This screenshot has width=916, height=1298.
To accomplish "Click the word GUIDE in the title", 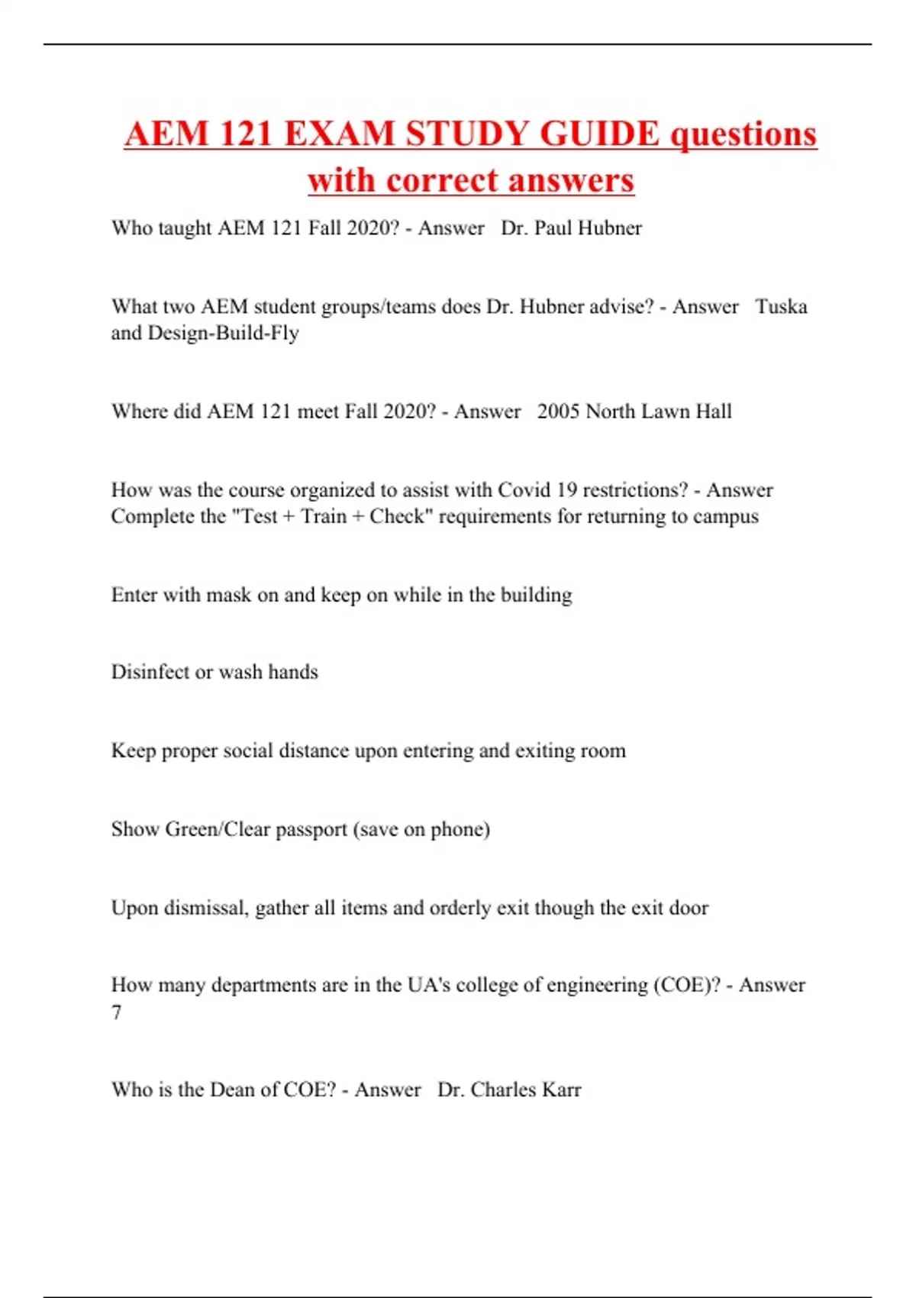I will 599,134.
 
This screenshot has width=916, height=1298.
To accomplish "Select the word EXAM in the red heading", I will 339,134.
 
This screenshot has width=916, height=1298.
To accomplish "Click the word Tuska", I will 781,307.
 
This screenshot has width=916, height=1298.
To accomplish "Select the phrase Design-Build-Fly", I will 223,334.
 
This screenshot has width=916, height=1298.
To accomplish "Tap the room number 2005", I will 558,412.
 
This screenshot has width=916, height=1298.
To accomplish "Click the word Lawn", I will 666,412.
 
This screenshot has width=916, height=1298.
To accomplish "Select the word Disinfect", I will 150,673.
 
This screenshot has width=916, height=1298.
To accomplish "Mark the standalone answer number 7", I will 117,1013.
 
